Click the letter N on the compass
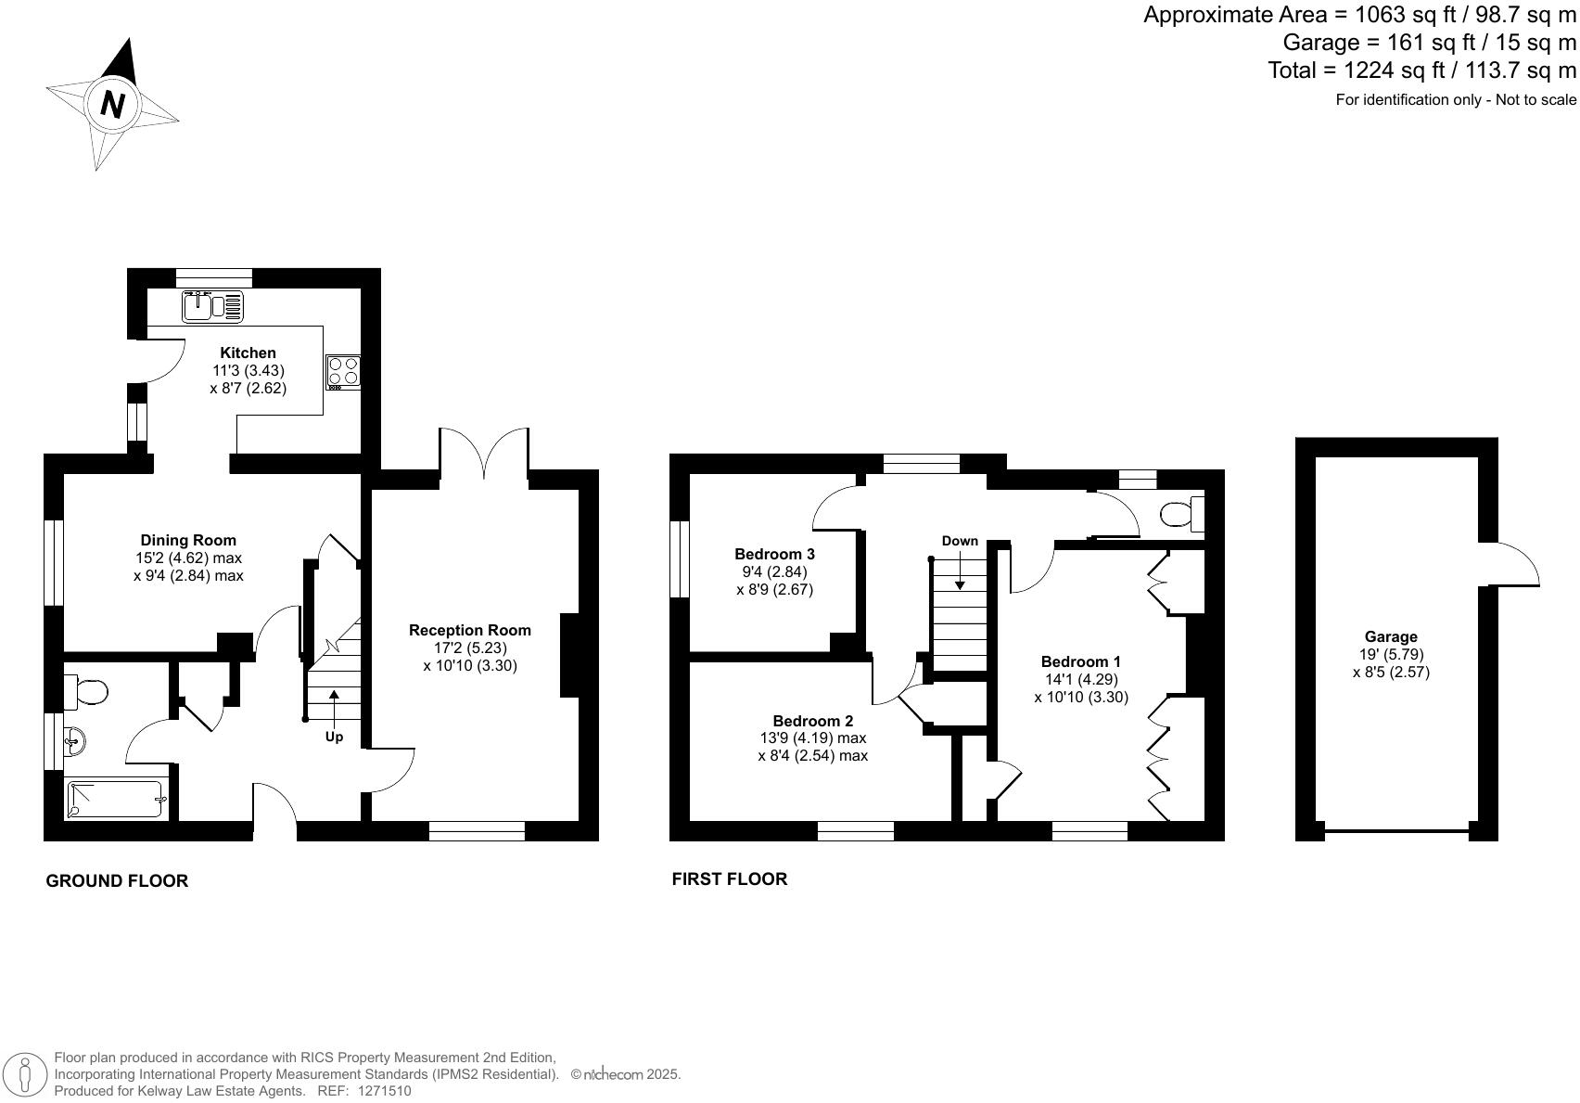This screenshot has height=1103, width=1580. [112, 104]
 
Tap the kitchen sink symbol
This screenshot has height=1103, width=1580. [214, 306]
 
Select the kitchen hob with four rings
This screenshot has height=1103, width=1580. [342, 371]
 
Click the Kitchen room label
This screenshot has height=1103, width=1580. [248, 353]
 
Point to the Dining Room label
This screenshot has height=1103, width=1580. [188, 540]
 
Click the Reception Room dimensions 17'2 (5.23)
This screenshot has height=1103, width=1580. [470, 648]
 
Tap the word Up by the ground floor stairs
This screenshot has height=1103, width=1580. [334, 737]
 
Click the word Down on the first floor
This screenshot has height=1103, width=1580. [960, 541]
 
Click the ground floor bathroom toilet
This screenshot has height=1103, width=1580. [87, 691]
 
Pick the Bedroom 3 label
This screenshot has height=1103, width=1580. [774, 554]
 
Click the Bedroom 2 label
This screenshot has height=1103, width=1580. [813, 721]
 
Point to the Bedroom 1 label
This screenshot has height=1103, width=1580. [1080, 661]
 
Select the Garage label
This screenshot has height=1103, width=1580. [1391, 636]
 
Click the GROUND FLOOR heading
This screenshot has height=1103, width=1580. [117, 881]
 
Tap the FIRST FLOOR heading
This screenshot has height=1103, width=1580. [730, 879]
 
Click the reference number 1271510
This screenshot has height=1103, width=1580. [384, 1092]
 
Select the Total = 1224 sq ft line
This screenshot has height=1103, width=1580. [1421, 71]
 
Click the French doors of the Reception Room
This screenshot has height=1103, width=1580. [484, 455]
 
